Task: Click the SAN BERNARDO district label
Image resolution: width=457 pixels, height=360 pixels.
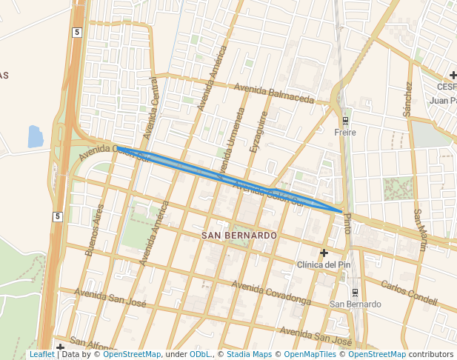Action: tap(239, 235)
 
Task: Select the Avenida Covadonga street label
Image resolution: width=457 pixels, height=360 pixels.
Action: tap(271, 293)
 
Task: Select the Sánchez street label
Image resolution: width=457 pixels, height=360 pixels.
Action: tap(407, 99)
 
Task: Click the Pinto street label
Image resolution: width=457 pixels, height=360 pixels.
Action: tap(347, 223)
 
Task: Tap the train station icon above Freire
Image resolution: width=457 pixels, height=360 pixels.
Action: tap(345, 121)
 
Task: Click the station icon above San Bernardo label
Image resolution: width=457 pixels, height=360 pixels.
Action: tap(355, 292)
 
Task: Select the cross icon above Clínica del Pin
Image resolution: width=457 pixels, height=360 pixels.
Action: tap(324, 253)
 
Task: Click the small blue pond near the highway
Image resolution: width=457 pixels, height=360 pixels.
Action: tap(35, 136)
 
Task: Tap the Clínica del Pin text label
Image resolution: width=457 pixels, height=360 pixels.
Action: tap(323, 264)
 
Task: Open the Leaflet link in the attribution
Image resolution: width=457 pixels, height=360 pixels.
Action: tap(41, 354)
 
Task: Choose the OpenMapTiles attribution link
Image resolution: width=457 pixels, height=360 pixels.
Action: tap(302, 354)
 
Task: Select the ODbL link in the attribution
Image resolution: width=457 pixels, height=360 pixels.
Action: tap(200, 354)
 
